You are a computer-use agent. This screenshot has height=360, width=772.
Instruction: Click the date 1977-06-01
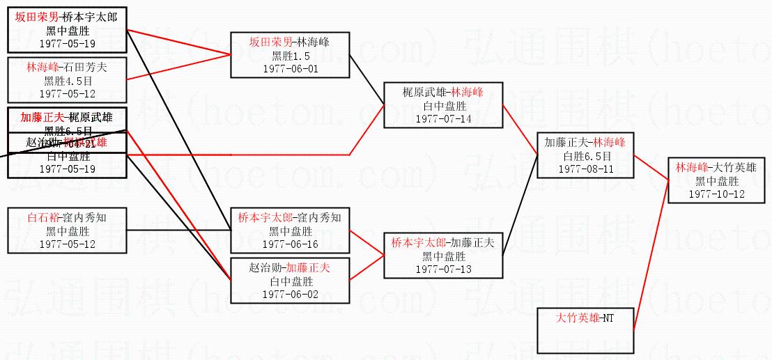click(290, 69)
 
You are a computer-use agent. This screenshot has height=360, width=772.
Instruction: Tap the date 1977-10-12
click(716, 194)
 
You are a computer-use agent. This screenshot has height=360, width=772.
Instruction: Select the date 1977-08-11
click(586, 169)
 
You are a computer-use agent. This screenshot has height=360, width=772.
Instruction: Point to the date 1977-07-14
click(443, 118)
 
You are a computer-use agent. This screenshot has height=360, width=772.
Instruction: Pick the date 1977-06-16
click(290, 244)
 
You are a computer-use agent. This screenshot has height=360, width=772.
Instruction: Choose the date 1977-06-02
click(290, 294)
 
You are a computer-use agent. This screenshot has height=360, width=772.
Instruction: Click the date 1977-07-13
click(443, 269)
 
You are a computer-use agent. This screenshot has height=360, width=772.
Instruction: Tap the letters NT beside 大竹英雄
click(608, 318)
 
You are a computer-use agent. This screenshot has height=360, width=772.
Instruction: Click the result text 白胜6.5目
click(586, 156)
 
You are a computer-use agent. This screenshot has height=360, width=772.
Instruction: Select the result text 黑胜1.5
click(290, 56)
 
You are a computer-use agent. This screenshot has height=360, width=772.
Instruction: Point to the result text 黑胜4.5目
click(67, 81)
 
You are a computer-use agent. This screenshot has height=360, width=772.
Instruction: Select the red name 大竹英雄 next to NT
click(578, 318)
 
